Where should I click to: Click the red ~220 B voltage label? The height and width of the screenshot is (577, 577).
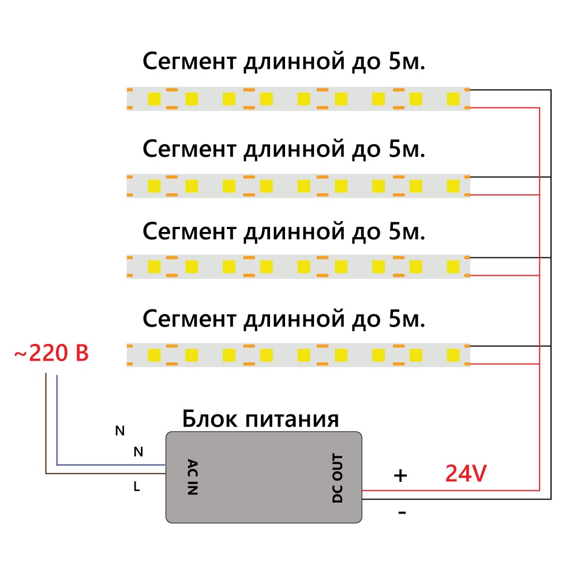click(x=51, y=353)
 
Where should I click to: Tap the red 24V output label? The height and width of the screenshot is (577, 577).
click(x=466, y=474)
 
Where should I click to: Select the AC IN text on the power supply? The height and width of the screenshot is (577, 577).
click(x=193, y=477)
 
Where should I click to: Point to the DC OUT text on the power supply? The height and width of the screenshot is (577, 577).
click(x=338, y=478)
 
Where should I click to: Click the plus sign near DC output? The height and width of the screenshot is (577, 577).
click(x=400, y=475)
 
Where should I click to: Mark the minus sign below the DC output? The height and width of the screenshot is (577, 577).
click(x=402, y=512)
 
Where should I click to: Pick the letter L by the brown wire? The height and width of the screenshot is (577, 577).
click(x=137, y=487)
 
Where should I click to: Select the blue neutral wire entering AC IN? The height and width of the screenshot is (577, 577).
click(x=110, y=464)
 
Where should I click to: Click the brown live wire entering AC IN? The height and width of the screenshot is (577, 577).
click(x=104, y=474)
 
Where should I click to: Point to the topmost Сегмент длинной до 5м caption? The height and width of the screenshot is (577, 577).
click(x=284, y=62)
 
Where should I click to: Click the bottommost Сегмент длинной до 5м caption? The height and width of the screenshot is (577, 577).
click(x=284, y=318)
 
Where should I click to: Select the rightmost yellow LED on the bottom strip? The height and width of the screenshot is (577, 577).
click(x=453, y=354)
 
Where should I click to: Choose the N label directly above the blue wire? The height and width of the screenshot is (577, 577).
click(x=138, y=452)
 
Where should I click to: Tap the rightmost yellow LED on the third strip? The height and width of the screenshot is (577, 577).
click(x=453, y=267)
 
